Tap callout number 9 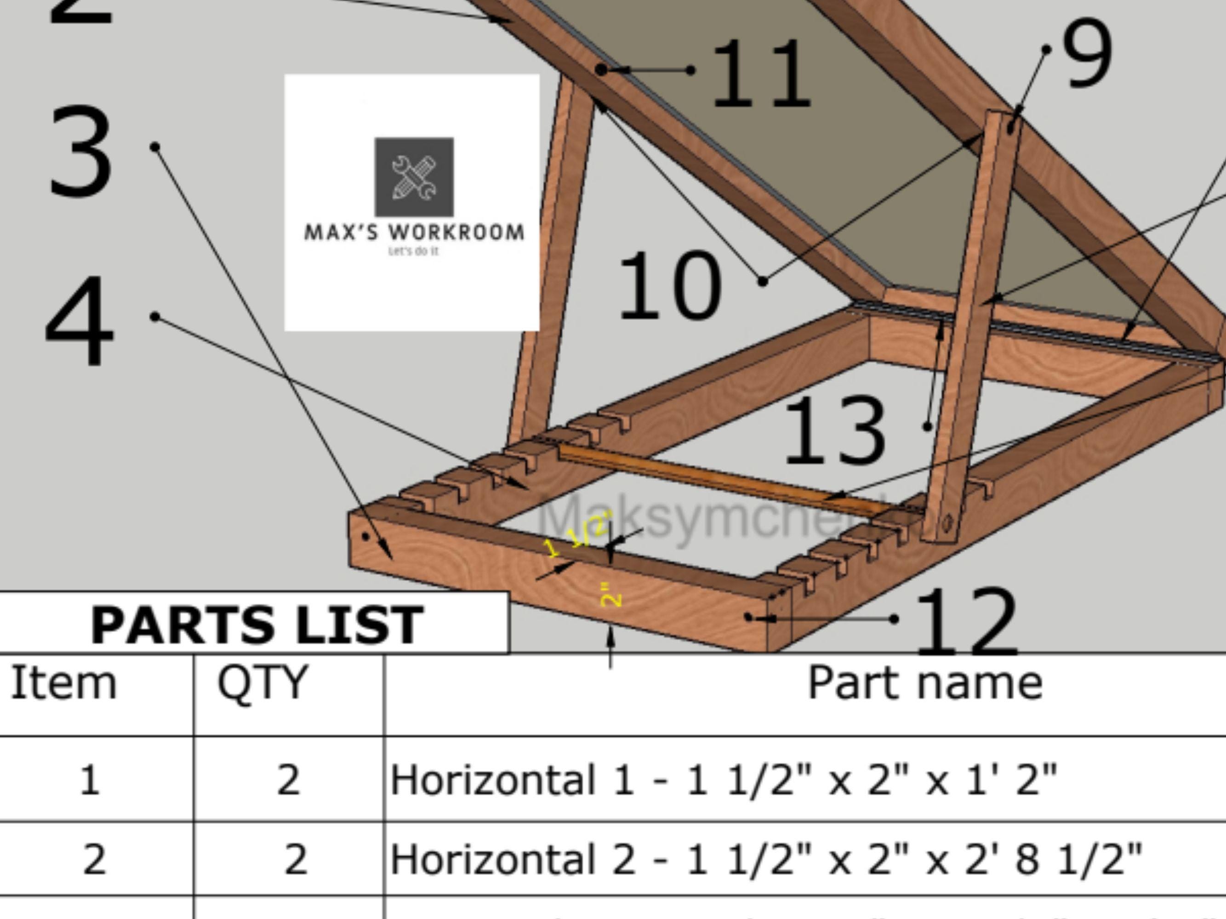[x=1086, y=54]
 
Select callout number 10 [x=669, y=286]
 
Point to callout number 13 [x=834, y=431]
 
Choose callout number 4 [x=80, y=321]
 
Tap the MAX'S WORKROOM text [x=414, y=232]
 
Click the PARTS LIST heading [x=257, y=625]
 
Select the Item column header [x=64, y=683]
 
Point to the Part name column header [x=924, y=683]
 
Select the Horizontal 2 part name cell [x=765, y=859]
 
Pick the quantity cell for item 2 [x=296, y=859]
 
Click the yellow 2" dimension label [x=611, y=595]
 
